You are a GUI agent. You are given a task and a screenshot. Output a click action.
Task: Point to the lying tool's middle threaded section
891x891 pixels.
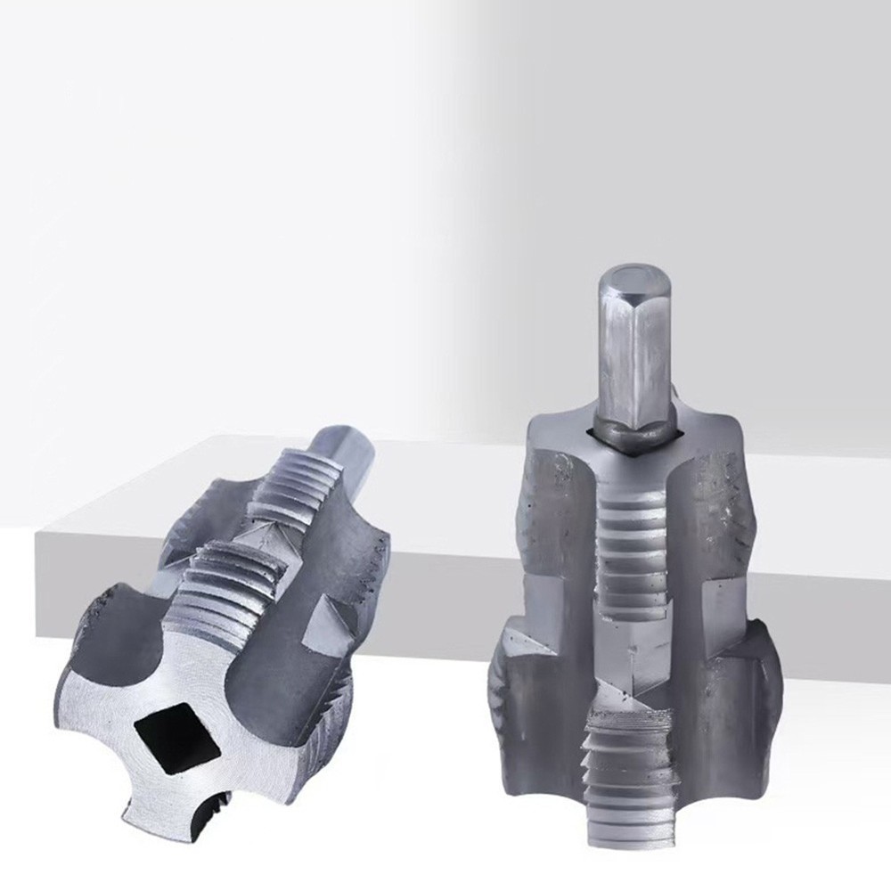[227, 584]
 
